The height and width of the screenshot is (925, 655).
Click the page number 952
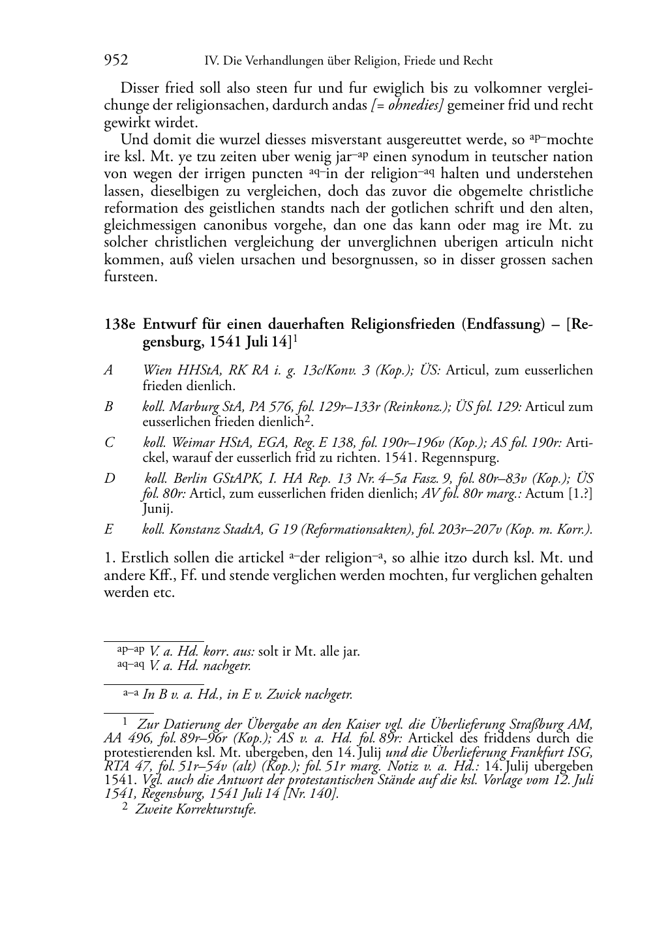(x=115, y=61)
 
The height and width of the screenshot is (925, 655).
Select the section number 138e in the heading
(x=120, y=324)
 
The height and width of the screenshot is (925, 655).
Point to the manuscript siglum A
(x=108, y=371)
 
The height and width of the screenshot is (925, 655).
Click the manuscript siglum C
(x=109, y=442)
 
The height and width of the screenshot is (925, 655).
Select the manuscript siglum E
(x=108, y=530)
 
